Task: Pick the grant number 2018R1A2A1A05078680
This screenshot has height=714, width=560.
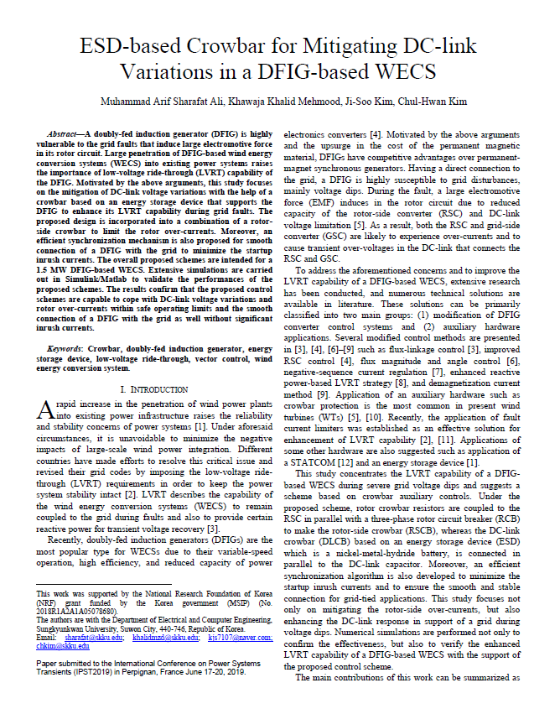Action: [x=73, y=613]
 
